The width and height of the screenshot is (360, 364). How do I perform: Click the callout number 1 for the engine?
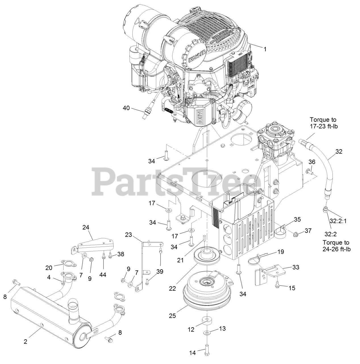click(265, 49)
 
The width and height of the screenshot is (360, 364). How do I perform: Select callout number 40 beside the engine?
click(126, 108)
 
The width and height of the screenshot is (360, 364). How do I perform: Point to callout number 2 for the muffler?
click(26, 342)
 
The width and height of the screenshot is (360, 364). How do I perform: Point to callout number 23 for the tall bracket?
click(129, 235)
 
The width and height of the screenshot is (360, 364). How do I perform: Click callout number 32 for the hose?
click(339, 152)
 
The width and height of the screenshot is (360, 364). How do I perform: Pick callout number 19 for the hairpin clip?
click(281, 252)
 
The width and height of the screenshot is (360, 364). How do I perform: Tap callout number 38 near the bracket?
click(121, 255)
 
